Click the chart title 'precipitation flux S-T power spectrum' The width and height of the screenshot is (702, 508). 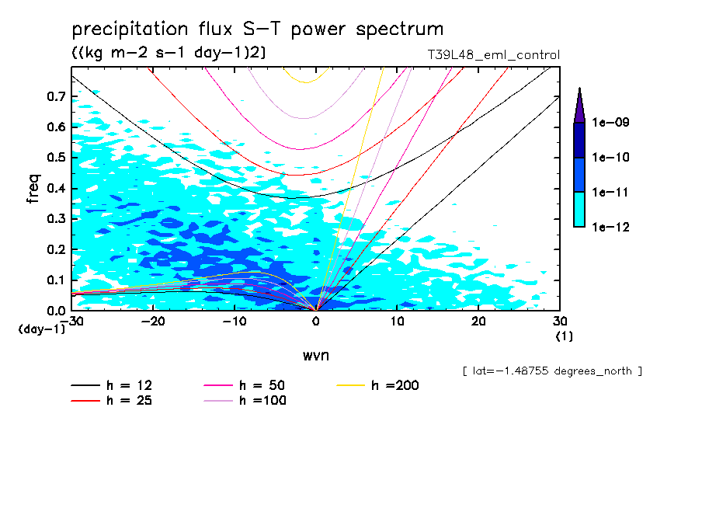(258, 30)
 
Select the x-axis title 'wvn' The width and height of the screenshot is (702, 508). (315, 355)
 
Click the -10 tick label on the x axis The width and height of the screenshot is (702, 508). (234, 322)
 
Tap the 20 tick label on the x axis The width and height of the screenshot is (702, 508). (478, 322)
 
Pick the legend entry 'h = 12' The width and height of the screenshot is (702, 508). (116, 385)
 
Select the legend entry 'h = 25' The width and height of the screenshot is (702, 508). (116, 401)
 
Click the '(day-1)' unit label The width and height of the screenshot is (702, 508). (42, 329)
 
